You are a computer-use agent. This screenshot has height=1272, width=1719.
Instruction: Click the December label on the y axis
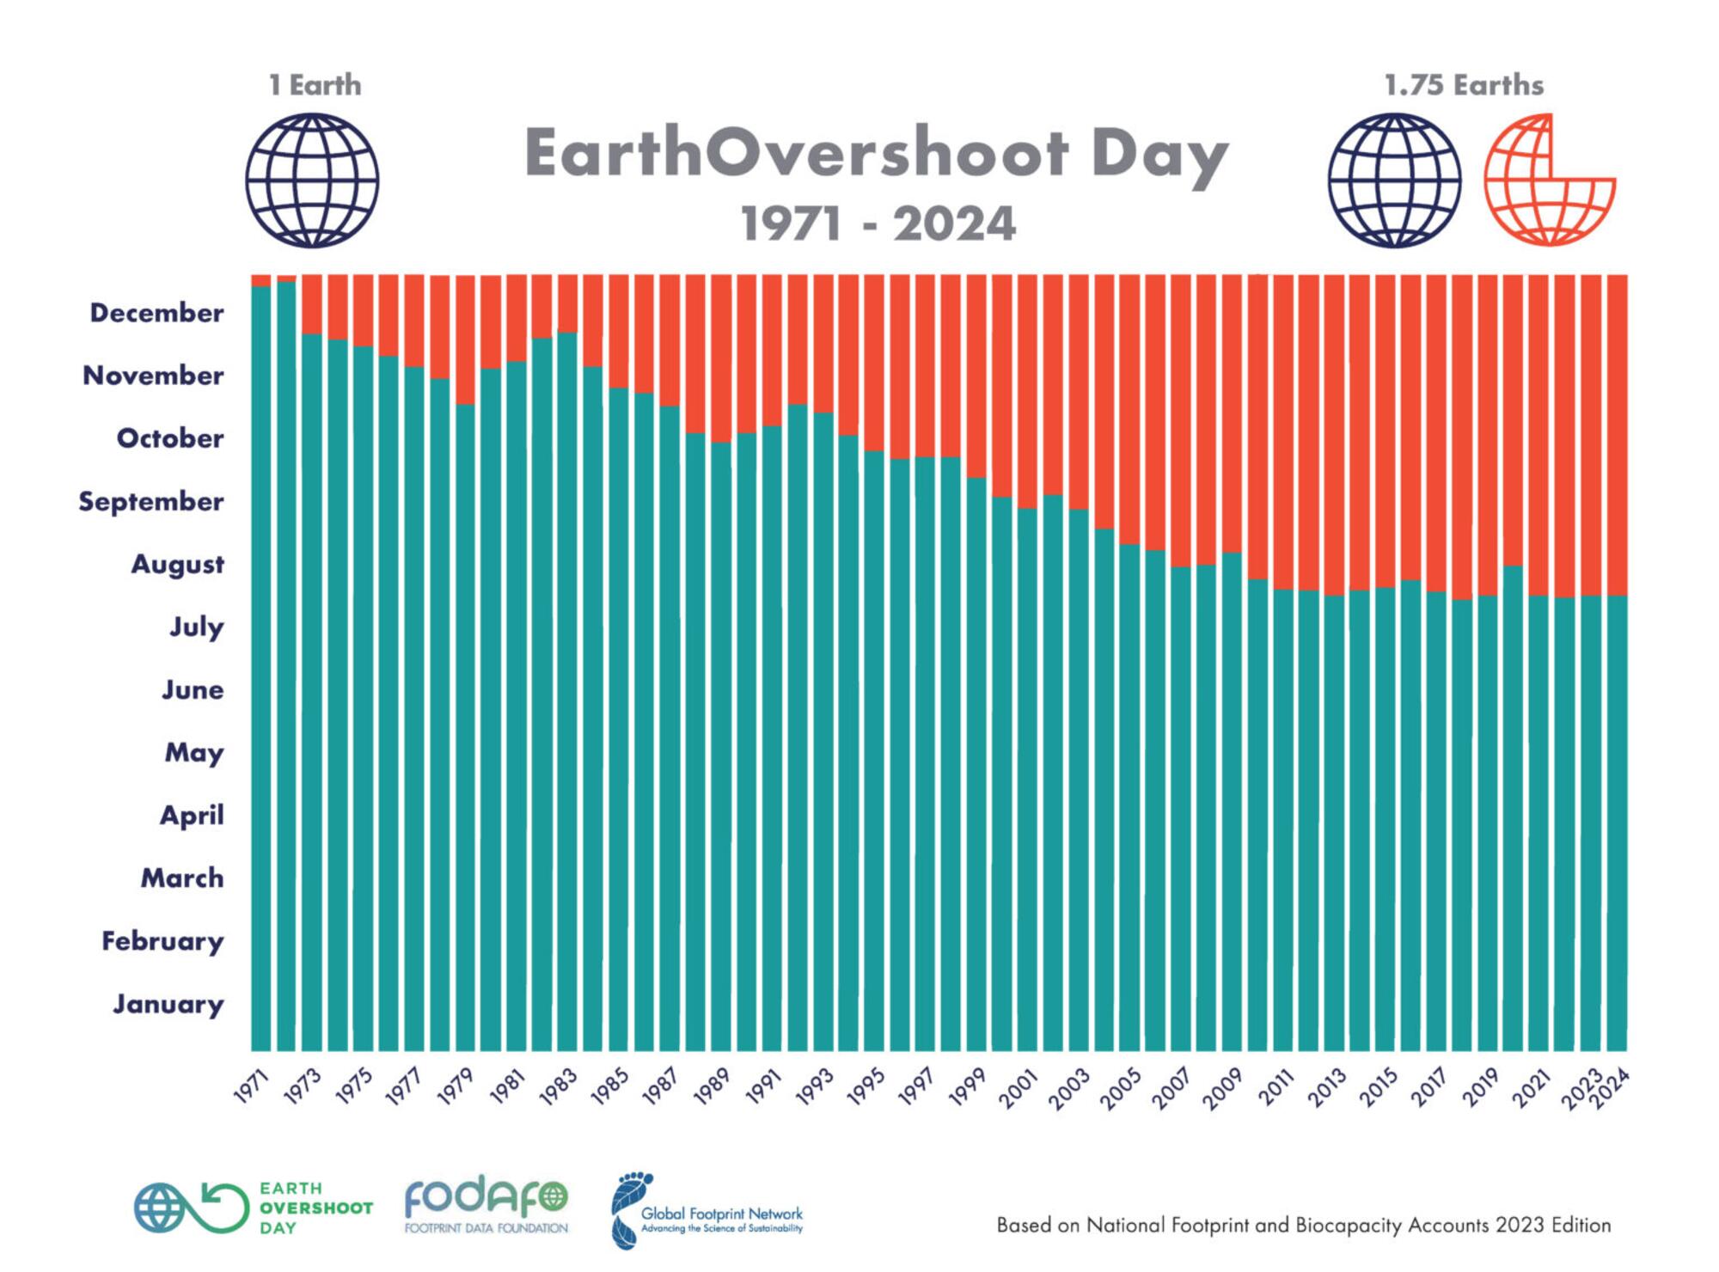tap(156, 313)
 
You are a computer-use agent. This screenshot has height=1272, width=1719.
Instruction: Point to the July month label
tap(197, 627)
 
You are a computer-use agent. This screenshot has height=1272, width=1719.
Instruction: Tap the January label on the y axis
tap(168, 1004)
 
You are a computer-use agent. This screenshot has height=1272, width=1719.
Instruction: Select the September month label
tap(151, 501)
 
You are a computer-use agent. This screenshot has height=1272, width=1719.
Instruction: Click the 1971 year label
tap(252, 1086)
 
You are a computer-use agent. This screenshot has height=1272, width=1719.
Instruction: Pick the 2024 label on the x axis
tap(1611, 1090)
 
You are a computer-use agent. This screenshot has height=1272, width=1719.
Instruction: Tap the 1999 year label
tap(967, 1088)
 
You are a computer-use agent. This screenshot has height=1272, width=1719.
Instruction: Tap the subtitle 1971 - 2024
tap(878, 224)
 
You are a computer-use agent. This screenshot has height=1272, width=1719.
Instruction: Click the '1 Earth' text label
tap(315, 85)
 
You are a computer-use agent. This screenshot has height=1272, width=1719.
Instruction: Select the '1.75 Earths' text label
tap(1464, 85)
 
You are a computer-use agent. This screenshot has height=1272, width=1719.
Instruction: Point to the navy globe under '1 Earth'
tap(312, 180)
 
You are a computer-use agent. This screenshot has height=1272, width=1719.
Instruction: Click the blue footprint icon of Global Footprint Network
tap(630, 1208)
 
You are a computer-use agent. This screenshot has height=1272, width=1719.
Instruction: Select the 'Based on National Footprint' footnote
tap(1303, 1225)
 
